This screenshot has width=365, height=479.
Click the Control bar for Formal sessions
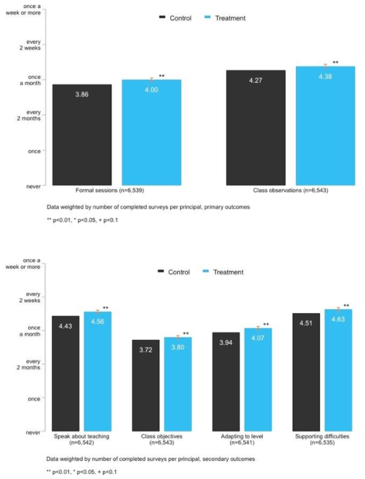tap(82, 135)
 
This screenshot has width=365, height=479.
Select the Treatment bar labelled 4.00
tap(152, 132)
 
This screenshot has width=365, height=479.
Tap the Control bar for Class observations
tap(255, 128)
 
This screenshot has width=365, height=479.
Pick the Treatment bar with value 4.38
tap(326, 126)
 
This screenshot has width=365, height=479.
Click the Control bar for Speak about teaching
tap(65, 373)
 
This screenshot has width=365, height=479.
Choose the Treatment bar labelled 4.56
tap(98, 371)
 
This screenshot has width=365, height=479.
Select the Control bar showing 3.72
tap(146, 385)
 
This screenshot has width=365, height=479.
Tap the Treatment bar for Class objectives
tap(178, 384)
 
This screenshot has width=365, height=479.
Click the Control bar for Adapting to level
tap(226, 381)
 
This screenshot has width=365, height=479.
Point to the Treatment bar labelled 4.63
tap(338, 370)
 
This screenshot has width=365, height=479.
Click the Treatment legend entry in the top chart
tap(225, 18)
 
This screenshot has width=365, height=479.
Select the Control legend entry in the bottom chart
tap(174, 272)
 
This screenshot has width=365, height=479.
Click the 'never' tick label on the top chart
tap(33, 187)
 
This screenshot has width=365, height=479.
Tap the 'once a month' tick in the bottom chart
tap(30, 331)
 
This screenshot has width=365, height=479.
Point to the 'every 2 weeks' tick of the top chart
tap(30, 45)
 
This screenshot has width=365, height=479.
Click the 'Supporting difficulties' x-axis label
tap(322, 440)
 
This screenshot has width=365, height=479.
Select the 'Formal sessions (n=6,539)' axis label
tap(110, 190)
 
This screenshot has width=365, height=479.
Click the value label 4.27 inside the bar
tap(255, 80)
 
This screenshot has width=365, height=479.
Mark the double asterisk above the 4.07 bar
tap(266, 324)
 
